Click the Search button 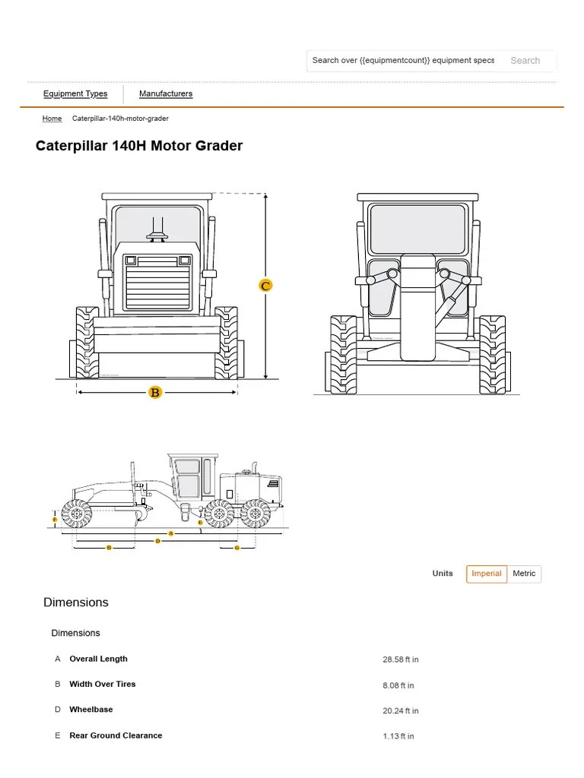(525, 61)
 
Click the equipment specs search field (403, 61)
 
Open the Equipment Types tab (75, 94)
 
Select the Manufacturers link (166, 94)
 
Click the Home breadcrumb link (52, 119)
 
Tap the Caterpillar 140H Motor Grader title (139, 146)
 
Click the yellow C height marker (265, 286)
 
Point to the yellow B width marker (155, 393)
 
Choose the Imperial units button (487, 574)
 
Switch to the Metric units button (524, 574)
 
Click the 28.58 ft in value (401, 659)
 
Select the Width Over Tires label (103, 685)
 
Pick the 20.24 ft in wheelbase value (401, 711)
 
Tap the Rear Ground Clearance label (116, 735)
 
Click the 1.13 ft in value (398, 736)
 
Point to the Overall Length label (99, 659)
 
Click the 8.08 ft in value (398, 685)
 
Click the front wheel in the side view (76, 514)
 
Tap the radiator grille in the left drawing (157, 283)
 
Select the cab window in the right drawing (417, 229)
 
